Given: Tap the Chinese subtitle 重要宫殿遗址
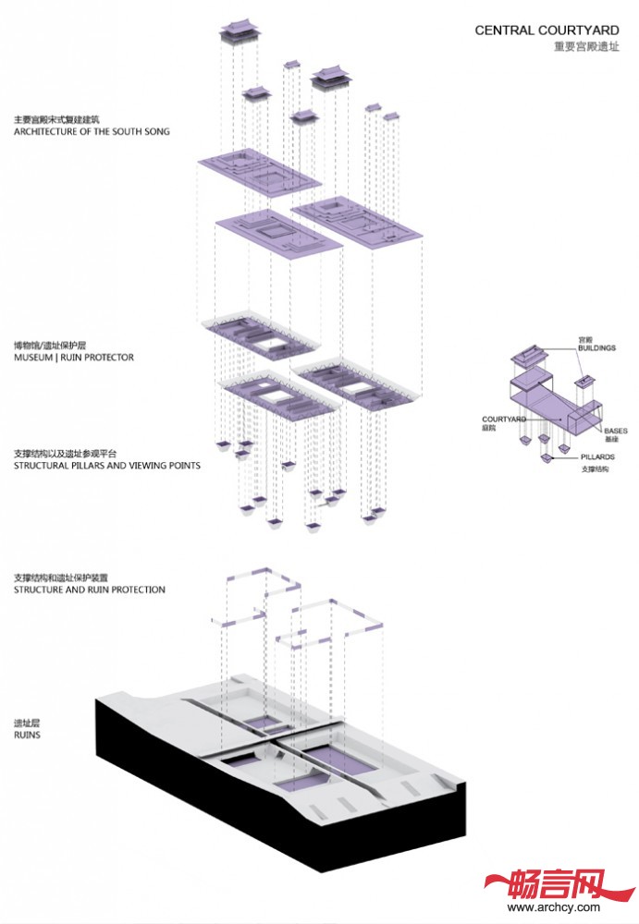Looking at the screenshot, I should point(586,45).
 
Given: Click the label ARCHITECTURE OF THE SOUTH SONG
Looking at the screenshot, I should point(92,132).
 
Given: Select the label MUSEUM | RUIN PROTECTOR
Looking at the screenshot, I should point(74,358).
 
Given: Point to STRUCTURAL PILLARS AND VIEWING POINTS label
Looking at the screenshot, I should point(107,466).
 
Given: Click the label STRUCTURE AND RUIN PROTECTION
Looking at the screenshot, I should point(90,590).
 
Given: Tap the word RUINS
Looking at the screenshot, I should point(27,736).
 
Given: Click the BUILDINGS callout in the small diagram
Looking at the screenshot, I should point(596,348).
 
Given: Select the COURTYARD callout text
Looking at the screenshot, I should point(504,419).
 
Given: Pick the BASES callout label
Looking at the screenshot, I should point(616,431).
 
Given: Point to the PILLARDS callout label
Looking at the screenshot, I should point(599,457).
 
